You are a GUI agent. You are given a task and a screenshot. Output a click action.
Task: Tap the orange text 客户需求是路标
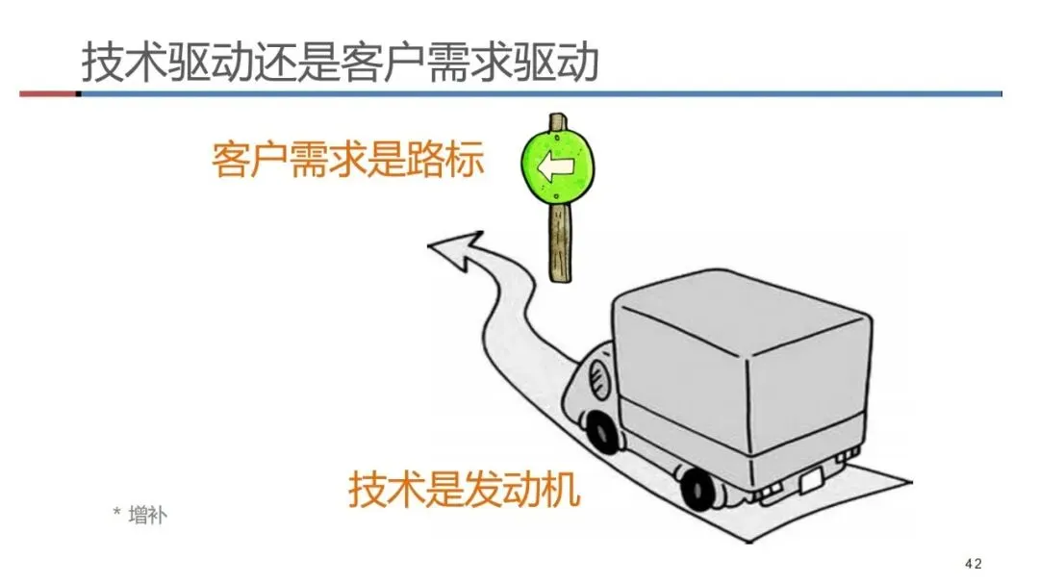[347, 160]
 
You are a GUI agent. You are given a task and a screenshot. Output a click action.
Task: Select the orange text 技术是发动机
[465, 489]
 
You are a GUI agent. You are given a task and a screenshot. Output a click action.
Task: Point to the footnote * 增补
[139, 515]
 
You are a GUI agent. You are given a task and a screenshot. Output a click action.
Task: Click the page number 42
[973, 563]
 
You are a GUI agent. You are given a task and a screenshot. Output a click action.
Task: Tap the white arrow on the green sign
[555, 167]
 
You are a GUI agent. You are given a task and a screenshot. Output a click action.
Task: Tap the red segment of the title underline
[47, 93]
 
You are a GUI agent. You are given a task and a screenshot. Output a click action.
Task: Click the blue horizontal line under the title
[539, 93]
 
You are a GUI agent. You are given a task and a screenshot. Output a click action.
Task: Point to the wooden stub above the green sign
[556, 122]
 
